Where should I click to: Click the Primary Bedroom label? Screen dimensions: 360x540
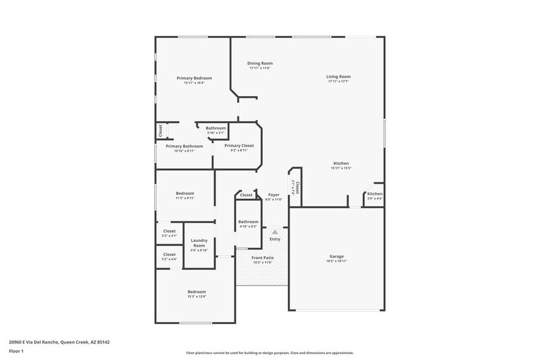(194, 78)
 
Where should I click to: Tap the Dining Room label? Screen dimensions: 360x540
(260, 63)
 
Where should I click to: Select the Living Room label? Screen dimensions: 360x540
(338, 77)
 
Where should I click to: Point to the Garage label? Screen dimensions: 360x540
(337, 257)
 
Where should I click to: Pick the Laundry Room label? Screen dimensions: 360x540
(199, 243)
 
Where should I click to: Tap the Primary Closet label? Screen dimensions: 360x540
(239, 146)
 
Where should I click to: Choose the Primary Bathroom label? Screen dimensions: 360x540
(184, 146)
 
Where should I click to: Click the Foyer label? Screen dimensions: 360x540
(274, 195)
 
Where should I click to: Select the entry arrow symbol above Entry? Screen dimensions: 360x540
(275, 232)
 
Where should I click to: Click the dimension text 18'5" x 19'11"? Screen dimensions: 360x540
(337, 261)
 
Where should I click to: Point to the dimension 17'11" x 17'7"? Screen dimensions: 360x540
(338, 81)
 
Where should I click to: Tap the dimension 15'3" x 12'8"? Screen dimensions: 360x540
(197, 297)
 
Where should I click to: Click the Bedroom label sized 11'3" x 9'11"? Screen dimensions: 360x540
(185, 193)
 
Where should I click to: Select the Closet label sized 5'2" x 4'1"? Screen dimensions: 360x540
(170, 231)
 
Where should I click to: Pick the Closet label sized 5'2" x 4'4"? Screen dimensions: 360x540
(170, 255)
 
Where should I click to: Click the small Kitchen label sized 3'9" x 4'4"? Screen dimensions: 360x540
(375, 194)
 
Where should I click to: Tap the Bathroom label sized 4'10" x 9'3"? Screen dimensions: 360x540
(248, 222)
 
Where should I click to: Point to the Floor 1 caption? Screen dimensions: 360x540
(16, 351)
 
